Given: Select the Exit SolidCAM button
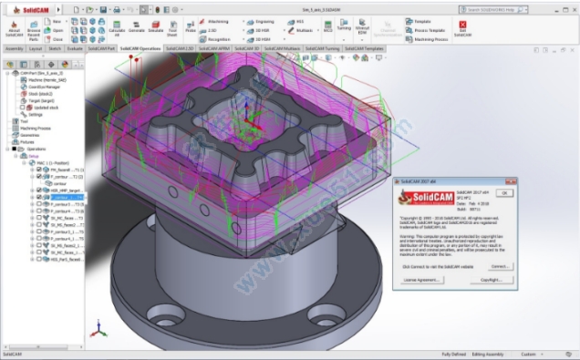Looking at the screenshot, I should pyautogui.click(x=464, y=29).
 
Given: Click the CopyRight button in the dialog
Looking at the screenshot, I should pyautogui.click(x=492, y=280).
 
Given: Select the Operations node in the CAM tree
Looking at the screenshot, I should pyautogui.click(x=31, y=149).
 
